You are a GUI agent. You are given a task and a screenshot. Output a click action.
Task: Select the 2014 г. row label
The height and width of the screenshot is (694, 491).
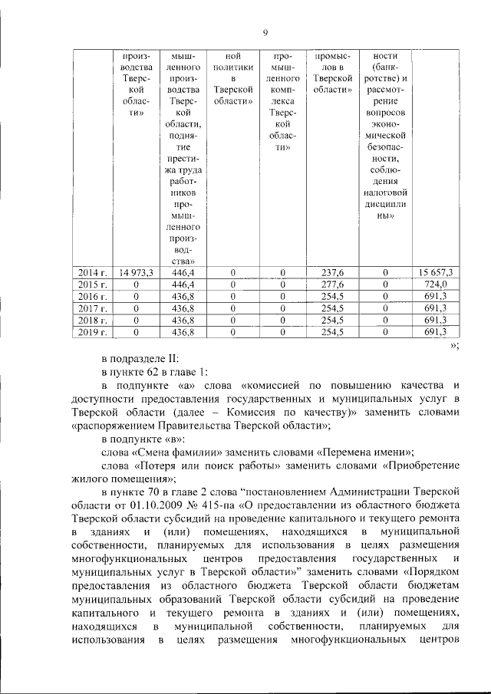[x=93, y=272]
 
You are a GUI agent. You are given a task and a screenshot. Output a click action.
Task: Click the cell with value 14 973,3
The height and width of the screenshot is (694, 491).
[x=137, y=272]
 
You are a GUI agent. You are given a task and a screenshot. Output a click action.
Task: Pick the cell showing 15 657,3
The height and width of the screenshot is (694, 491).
[x=435, y=272]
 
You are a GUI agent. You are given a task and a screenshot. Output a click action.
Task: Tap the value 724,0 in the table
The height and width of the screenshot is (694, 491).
[x=435, y=285]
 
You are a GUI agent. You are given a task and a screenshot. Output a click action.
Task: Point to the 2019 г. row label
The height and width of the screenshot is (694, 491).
[x=93, y=332]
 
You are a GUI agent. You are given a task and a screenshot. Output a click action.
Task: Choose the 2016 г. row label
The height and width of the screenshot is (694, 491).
[x=93, y=296]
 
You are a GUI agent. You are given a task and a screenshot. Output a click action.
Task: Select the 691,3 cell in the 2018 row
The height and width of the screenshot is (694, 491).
[x=435, y=320]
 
